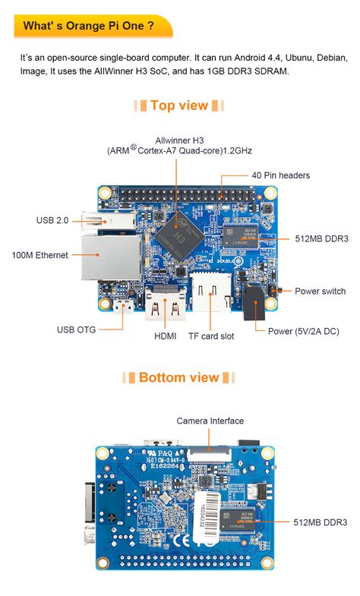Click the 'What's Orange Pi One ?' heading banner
click(89, 27)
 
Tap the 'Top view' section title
click(179, 106)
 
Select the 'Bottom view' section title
click(179, 377)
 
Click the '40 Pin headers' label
click(281, 175)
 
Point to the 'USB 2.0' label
click(52, 220)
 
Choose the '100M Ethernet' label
click(40, 255)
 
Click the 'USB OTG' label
click(77, 330)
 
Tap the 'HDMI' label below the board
click(166, 336)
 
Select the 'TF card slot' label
click(211, 336)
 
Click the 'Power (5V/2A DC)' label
click(303, 330)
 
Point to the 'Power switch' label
click(320, 291)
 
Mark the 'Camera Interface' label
click(210, 421)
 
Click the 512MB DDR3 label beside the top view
click(321, 238)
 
